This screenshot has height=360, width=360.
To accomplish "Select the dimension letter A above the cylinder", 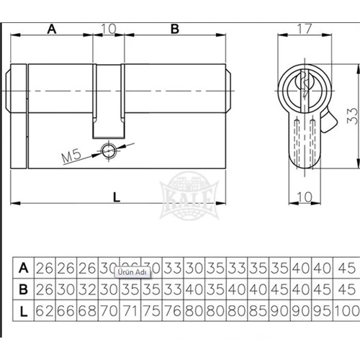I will tap(52, 29).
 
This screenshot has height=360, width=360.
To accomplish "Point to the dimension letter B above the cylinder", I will tap(174, 29).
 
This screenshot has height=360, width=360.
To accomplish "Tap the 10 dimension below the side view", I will tap(305, 196).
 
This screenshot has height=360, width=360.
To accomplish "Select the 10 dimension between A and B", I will tap(108, 29).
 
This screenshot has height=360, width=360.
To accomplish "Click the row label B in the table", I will tap(24, 289).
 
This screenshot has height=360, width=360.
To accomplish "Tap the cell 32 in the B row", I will tap(88, 289).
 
